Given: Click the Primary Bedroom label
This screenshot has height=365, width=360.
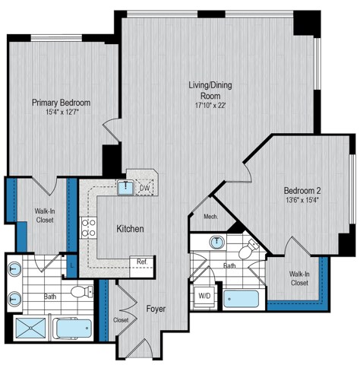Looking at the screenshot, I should coord(62,103).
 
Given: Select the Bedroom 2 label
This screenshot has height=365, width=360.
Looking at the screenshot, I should coord(305,190).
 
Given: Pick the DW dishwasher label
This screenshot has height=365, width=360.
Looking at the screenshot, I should coord(145,188).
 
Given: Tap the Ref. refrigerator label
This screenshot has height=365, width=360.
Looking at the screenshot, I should coord(142,262).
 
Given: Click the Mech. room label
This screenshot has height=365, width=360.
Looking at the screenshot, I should coord(210,217).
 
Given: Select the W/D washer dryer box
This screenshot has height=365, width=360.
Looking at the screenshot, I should coord(204,296).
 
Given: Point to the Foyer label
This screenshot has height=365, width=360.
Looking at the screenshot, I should coord(156,309).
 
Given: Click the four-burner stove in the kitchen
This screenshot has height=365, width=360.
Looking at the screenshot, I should coord(89,227).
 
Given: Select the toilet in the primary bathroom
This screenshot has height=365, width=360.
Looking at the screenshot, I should coord(79,292).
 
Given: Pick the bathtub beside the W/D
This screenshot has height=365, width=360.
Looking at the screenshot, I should coord(241,297).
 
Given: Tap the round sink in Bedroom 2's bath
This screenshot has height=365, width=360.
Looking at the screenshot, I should coord(217,243).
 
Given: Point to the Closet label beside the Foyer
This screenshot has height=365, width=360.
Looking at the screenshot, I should coord(121,320).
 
